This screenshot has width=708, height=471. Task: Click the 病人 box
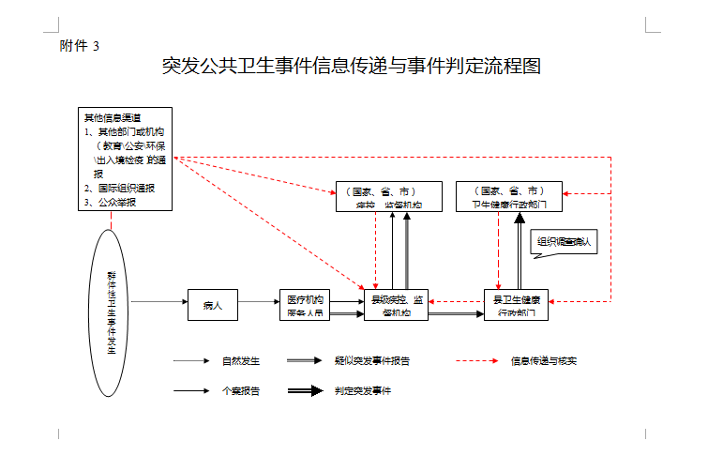212,304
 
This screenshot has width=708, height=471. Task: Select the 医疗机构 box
304,304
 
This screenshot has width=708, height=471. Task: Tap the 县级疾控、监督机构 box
396,304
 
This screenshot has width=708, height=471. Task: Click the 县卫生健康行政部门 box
516,304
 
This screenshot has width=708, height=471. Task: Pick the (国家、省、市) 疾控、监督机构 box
389,196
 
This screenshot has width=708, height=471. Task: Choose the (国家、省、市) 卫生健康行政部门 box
509,196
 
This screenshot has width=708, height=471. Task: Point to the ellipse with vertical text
112,309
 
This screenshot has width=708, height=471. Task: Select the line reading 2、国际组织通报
119,188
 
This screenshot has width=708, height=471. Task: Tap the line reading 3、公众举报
110,201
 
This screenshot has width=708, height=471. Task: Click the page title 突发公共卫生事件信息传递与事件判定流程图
352,67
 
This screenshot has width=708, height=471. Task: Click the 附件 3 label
80,45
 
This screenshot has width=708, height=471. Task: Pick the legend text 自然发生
240,360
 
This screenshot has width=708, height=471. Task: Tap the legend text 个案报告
240,390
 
